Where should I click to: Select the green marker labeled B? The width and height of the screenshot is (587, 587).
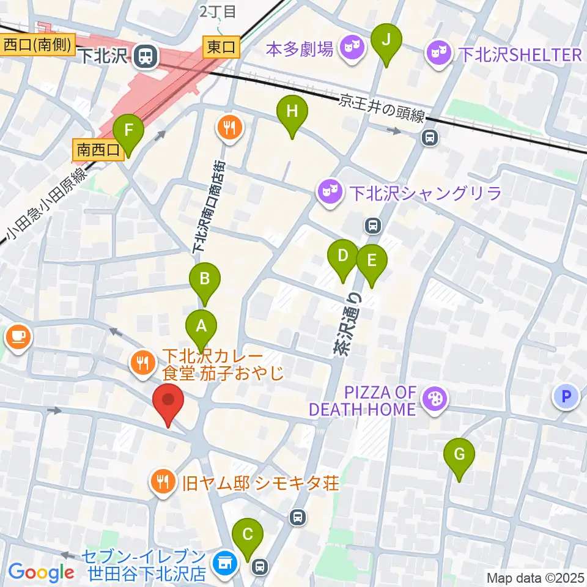205,279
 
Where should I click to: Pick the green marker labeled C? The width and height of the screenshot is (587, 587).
248,534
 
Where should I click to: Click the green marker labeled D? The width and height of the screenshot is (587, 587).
343,256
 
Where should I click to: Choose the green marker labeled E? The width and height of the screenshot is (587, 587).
372,260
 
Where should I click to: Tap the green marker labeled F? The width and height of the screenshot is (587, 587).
128,131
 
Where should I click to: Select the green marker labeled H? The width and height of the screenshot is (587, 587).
292,113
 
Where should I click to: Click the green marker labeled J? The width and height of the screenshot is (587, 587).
386,40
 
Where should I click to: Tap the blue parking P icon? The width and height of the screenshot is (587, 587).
566,397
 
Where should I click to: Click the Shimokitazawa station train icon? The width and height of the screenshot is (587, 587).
146,57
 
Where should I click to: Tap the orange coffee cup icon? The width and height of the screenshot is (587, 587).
18,336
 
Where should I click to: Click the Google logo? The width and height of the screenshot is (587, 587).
41,572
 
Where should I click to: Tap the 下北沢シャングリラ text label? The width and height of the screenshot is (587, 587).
426,194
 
